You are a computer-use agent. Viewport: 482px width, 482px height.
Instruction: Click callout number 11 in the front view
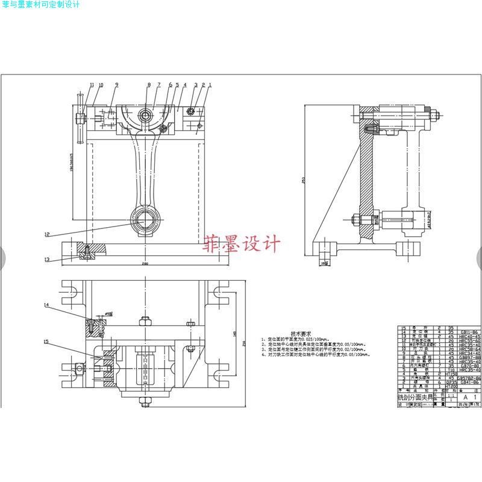click(92, 85)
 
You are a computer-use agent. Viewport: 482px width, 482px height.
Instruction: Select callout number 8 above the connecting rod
click(149, 85)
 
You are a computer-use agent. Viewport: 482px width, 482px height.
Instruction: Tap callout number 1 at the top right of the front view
click(210, 85)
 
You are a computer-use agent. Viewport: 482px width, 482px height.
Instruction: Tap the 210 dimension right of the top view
click(244, 343)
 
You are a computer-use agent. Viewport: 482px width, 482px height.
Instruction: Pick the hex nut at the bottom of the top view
click(145, 404)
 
